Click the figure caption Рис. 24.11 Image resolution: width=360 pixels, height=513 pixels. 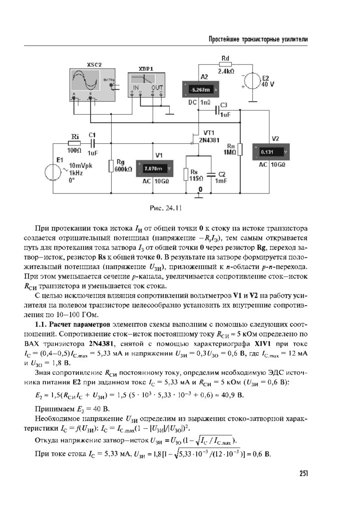pos(166,207)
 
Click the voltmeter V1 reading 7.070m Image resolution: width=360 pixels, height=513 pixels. pos(154,169)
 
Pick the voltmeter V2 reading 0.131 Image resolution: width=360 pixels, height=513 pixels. pos(269,152)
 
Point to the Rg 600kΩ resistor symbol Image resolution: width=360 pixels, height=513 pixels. pos(111,166)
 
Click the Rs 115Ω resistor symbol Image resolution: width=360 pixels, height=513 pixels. pos(186,174)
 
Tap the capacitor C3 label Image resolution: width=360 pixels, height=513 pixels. pos(224,105)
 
